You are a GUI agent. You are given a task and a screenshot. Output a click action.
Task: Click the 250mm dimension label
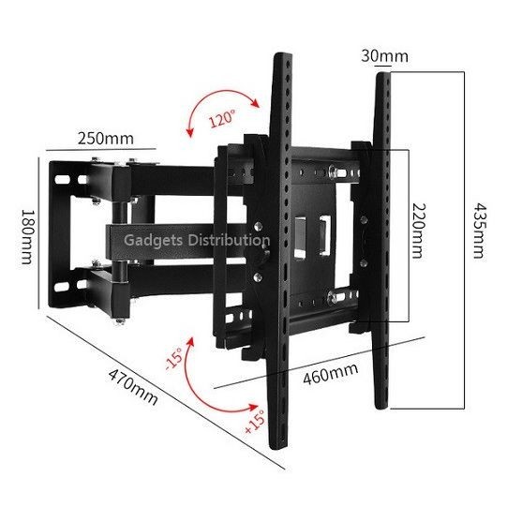click(x=105, y=139)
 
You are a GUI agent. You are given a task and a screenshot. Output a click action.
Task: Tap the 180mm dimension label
click(x=27, y=237)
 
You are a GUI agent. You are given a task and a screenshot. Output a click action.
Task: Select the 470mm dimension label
click(x=132, y=387)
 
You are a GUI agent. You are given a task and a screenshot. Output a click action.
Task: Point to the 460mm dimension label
click(x=331, y=374)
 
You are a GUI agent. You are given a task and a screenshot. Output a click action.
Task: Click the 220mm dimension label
click(x=419, y=231)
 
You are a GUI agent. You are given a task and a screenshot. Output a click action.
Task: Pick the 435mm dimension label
click(x=479, y=231)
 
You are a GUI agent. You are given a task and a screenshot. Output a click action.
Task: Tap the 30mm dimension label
click(x=384, y=56)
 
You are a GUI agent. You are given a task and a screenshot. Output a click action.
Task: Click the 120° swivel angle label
click(x=222, y=118)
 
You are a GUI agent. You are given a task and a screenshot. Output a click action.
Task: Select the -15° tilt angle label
click(x=174, y=358)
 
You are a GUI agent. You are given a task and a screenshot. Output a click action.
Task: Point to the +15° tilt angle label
click(x=255, y=422)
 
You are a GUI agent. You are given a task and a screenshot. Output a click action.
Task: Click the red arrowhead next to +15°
click(x=254, y=407)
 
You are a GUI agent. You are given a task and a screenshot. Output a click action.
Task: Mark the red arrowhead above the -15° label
click(x=190, y=342)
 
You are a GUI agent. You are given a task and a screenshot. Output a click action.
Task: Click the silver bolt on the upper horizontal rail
click(x=332, y=171)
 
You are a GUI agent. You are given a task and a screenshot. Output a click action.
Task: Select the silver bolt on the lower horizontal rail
click(x=332, y=297)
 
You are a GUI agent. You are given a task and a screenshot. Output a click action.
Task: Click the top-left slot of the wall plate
click(x=63, y=179)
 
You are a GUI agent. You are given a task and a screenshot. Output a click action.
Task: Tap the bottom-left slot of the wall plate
click(x=62, y=287)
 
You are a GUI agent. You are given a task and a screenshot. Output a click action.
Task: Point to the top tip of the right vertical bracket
click(x=383, y=73)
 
